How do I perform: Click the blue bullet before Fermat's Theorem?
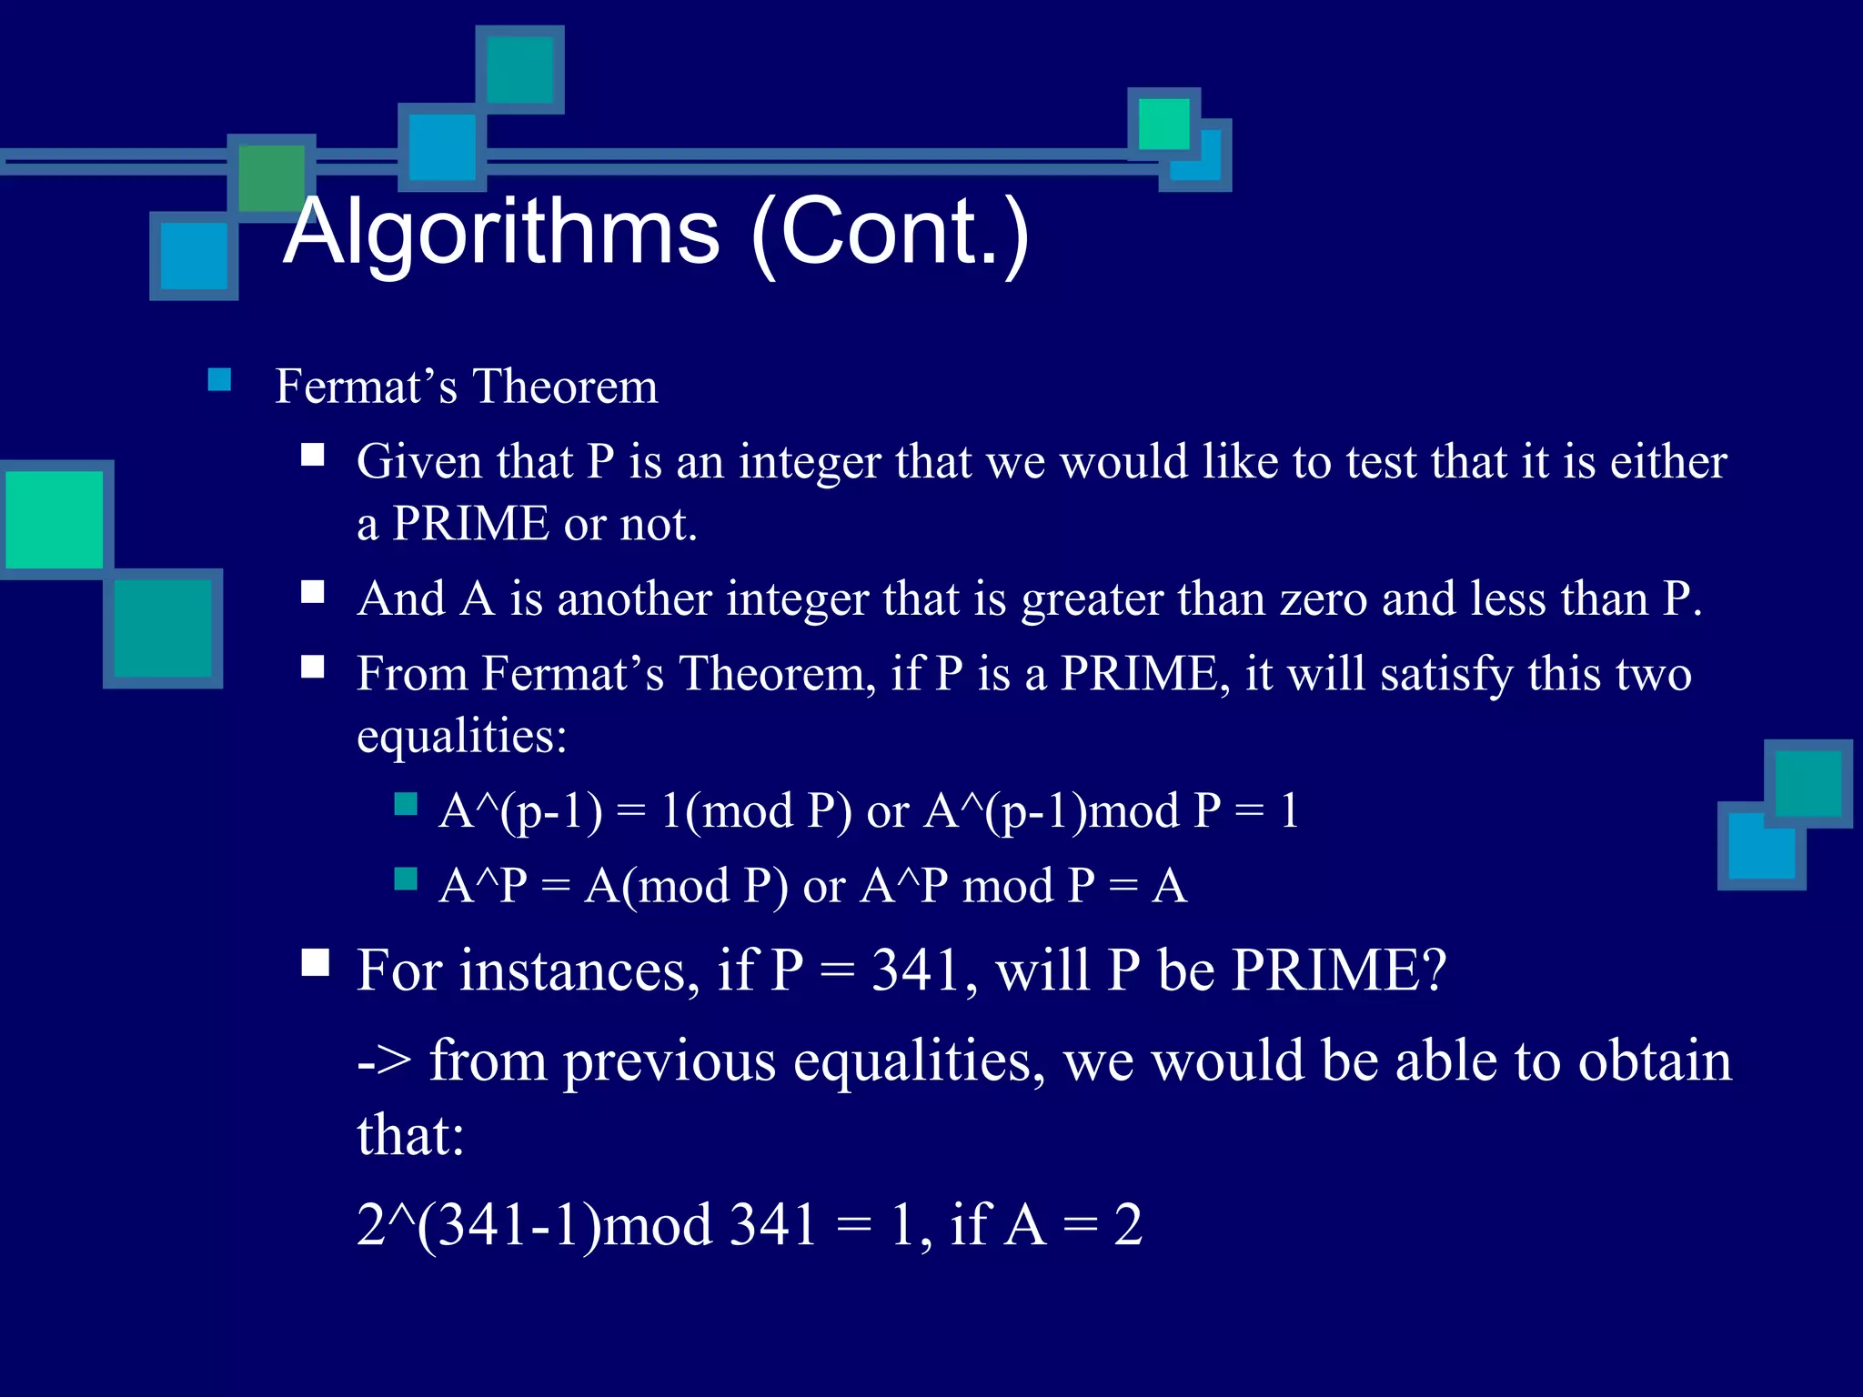click(219, 379)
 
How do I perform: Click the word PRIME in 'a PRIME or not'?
click(470, 524)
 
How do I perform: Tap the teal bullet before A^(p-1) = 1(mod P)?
click(406, 803)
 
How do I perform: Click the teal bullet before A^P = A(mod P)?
click(406, 879)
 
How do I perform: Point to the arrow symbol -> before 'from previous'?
click(384, 1061)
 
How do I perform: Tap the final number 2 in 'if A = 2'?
click(1128, 1225)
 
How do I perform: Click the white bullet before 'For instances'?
click(315, 962)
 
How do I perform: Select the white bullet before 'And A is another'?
click(313, 593)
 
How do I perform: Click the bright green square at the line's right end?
click(1163, 124)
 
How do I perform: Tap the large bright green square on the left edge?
click(55, 519)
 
